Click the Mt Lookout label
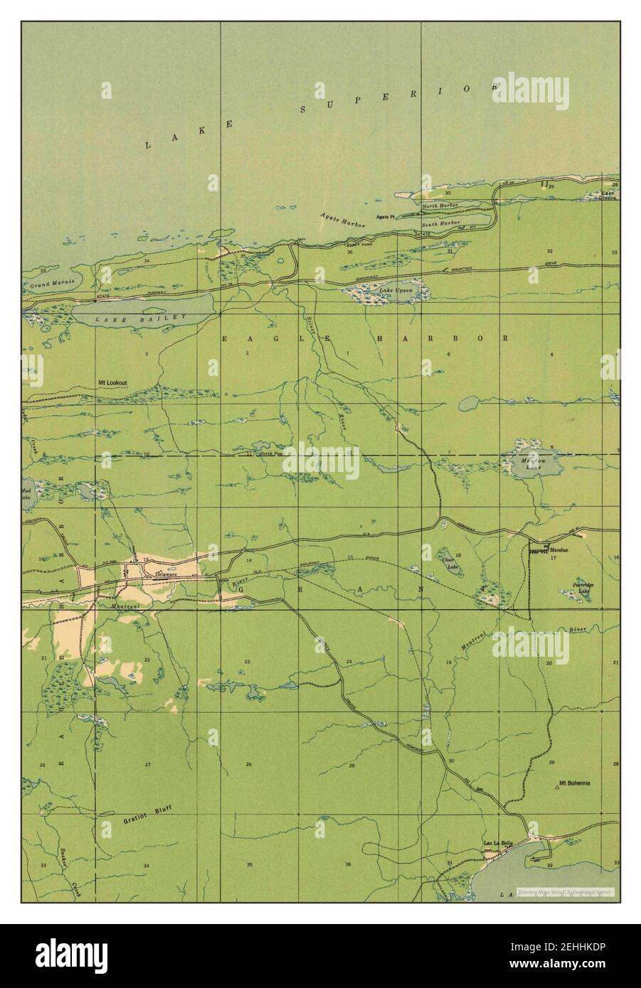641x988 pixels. [112, 383]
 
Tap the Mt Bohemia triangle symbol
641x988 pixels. [556, 787]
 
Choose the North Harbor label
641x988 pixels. [440, 206]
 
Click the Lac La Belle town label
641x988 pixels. [497, 844]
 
